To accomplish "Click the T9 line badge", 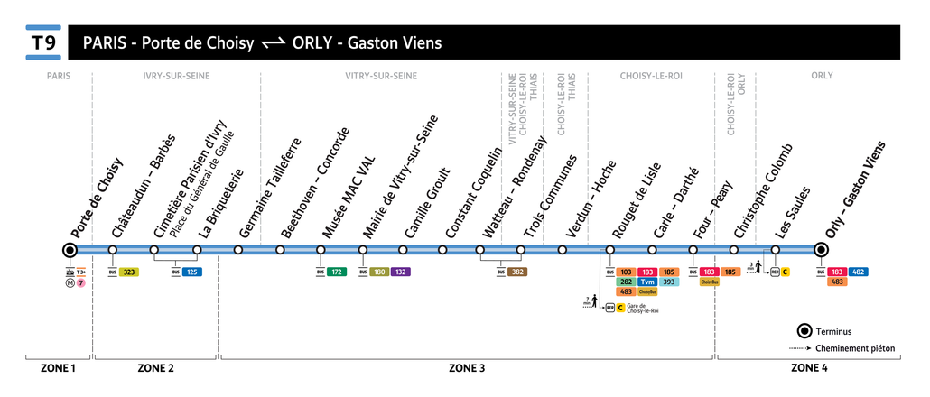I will point(43,43).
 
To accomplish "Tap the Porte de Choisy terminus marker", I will point(70,250).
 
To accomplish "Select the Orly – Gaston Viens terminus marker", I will point(821,250).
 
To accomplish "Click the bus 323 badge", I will point(129,272).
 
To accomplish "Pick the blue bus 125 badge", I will point(192,272).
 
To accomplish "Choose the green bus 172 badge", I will point(337,272).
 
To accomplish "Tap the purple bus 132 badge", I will point(401,272).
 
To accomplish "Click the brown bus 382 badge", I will point(517,272).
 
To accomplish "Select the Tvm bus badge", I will point(646,282).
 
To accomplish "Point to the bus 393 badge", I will point(668,282).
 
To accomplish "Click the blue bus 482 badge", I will point(859,272).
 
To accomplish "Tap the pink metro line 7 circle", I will point(81,282).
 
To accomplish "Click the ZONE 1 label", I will point(58,368).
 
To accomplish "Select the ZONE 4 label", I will point(809,368).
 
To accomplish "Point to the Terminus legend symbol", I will point(803,331).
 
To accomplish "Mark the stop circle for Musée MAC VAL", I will point(321,250).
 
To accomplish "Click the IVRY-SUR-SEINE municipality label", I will point(176,76).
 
